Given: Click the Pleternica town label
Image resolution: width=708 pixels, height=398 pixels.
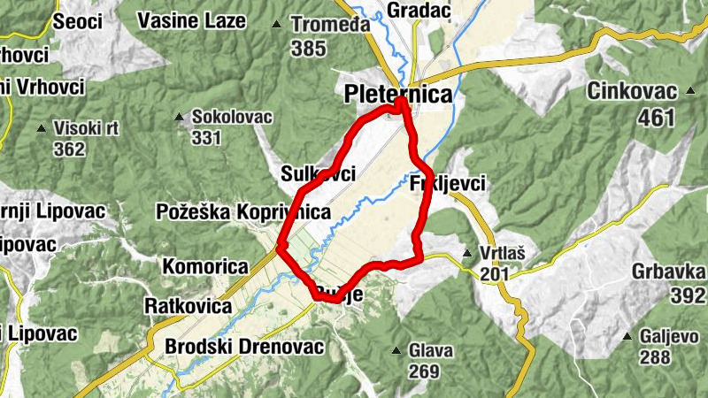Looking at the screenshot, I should click(397, 93).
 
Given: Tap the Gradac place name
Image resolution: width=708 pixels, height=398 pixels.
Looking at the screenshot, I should click(419, 9).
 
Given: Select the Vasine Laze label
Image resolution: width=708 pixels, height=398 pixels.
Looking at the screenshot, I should click(192, 20).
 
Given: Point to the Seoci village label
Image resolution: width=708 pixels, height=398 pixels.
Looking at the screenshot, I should click(78, 21).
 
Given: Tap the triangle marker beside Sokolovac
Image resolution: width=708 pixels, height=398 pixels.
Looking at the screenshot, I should click(180, 117).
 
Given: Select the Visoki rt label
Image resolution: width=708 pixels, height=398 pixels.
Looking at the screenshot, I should click(86, 128).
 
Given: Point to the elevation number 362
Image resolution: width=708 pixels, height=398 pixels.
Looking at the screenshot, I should click(69, 149).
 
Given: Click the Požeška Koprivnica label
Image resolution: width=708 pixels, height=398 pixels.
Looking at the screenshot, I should click(243, 212).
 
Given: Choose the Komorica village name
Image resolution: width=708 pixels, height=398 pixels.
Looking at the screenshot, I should click(205, 266).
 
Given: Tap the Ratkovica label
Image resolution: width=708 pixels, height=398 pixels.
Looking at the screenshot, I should click(188, 306).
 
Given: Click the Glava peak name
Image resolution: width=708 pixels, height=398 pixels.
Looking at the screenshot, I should click(431, 350).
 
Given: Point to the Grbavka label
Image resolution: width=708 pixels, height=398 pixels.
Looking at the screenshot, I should click(669, 272).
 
